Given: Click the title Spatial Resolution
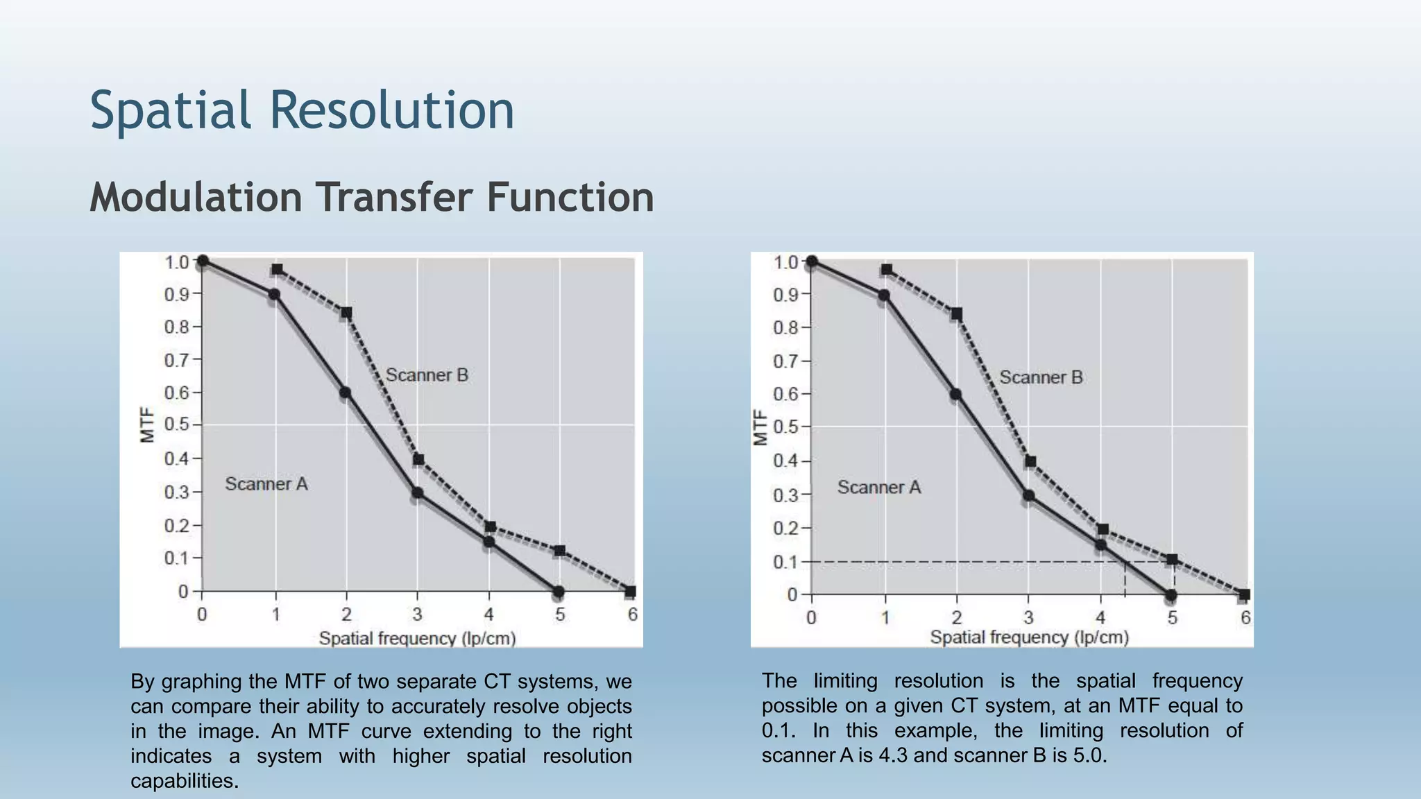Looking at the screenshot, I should [x=302, y=111].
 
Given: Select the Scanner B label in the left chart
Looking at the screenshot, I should [x=427, y=375].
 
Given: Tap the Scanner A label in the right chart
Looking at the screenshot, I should [x=878, y=488].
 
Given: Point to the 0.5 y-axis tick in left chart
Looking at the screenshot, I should [x=177, y=424].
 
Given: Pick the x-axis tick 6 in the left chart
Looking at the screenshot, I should [x=632, y=615].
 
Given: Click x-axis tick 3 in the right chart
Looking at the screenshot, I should [x=1028, y=617].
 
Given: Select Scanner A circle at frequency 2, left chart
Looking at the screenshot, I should [x=345, y=393].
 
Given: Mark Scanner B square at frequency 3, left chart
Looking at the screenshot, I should [x=418, y=460].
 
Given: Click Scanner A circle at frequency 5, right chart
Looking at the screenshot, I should [x=1171, y=595].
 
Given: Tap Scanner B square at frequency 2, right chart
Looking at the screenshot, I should [x=957, y=314].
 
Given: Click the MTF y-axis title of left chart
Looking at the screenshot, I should [x=146, y=424].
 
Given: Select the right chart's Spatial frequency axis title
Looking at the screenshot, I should [x=1029, y=637].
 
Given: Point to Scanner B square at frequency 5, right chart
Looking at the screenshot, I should [x=1172, y=560].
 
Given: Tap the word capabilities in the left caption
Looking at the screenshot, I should [x=184, y=781].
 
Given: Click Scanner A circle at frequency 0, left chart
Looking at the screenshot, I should [x=203, y=261].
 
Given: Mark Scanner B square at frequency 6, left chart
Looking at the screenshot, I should [x=630, y=592].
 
